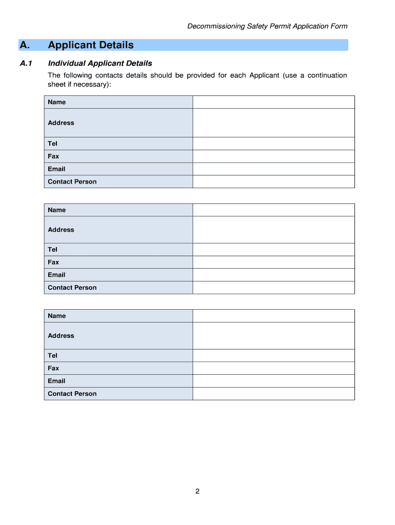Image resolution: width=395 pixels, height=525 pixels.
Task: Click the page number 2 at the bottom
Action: [197, 492]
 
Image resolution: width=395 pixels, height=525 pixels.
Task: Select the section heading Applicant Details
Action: [91, 45]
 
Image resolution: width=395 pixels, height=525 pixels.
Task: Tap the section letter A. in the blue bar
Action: [25, 45]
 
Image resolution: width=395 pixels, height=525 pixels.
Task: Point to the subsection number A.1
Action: [26, 64]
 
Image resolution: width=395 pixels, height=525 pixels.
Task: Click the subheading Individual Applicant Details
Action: [100, 64]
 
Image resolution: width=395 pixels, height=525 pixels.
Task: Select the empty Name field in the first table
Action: [273, 102]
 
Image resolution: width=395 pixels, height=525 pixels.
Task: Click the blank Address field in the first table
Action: [273, 123]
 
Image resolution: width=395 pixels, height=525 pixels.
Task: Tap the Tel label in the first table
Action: [53, 144]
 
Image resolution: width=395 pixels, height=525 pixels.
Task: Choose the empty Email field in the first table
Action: [273, 169]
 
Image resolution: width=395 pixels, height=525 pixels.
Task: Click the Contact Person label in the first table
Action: [72, 181]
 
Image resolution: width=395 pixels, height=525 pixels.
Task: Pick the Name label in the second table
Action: [57, 210]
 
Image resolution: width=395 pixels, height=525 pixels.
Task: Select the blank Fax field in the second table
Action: [273, 262]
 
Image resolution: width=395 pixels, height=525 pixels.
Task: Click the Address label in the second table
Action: [61, 230]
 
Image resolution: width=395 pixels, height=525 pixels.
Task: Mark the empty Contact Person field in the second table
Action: [273, 288]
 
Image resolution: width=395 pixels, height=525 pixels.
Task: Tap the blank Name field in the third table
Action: [273, 316]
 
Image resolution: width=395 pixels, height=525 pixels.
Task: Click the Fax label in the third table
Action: [53, 368]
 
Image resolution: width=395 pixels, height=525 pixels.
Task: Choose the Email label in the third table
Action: [56, 381]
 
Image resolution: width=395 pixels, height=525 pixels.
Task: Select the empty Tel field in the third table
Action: [273, 355]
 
